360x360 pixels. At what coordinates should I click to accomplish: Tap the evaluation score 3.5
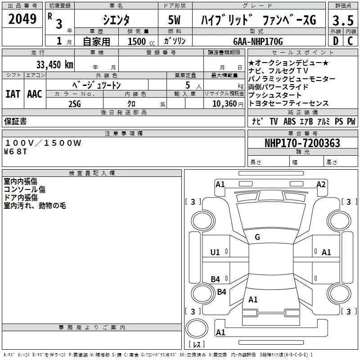coord(342,20)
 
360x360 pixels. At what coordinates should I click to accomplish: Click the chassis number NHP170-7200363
coord(302,143)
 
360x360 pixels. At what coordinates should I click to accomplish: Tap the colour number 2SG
coord(75,103)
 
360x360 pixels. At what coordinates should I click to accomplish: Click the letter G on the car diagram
coord(257,237)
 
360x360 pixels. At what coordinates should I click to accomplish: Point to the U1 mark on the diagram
coord(215,252)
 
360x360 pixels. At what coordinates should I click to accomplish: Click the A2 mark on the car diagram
coord(321,184)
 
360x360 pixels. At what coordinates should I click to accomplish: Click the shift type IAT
coord(13,94)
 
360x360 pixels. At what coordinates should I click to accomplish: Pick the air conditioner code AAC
coord(35,94)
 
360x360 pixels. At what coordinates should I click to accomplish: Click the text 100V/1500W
coord(43,143)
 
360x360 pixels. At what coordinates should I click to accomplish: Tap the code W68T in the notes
coord(16,151)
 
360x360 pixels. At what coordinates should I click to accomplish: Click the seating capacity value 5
coord(187,85)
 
